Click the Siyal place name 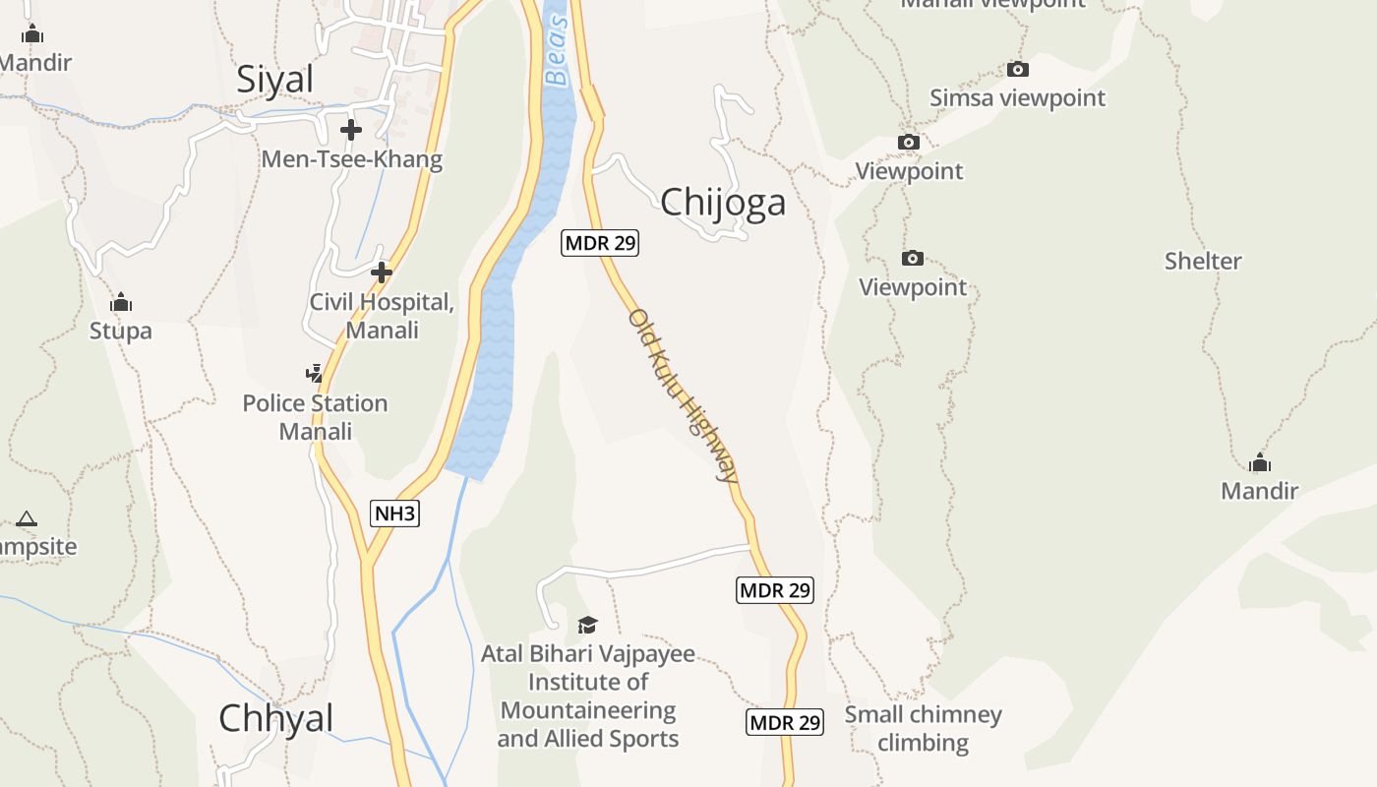tap(274, 80)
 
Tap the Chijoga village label tap(723, 203)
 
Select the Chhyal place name tap(276, 718)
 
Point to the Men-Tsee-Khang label tap(352, 159)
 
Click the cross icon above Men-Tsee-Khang tap(351, 130)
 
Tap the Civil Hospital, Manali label tap(382, 316)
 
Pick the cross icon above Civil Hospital tap(382, 272)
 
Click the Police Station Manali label tap(315, 417)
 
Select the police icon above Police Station tap(314, 374)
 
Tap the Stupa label tap(121, 331)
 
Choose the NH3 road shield tap(394, 514)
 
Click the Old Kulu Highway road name tap(683, 395)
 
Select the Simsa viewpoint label tap(1018, 98)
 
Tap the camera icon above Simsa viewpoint tap(1018, 69)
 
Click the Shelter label tap(1203, 262)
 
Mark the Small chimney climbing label tap(923, 728)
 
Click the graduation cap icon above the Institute tap(587, 625)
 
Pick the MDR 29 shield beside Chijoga tap(600, 243)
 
